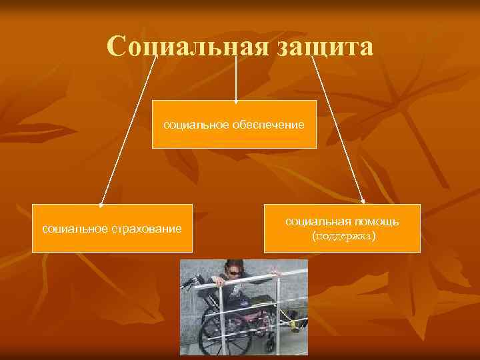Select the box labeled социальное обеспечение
(234, 124)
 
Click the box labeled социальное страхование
(112, 228)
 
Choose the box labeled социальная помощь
(343, 228)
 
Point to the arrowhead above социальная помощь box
(363, 199)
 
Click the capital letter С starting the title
(117, 47)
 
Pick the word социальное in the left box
(69, 229)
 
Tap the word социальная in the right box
(313, 220)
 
